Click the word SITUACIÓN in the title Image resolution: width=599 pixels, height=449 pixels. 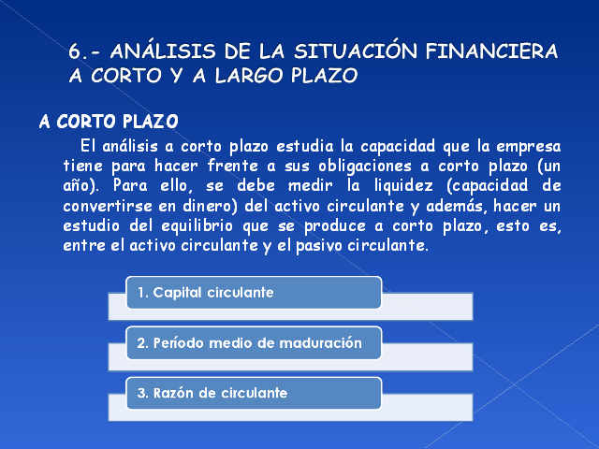pos(356,50)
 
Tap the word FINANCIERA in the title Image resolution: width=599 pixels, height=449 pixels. pos(491,51)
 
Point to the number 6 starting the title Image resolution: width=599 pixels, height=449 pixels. pos(74,51)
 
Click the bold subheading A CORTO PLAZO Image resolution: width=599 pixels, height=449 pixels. pos(109,122)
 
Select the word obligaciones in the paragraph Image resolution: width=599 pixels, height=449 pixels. pos(365,167)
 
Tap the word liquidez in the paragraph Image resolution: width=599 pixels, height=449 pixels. pos(403,186)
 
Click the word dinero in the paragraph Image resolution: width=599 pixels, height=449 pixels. pos(208,206)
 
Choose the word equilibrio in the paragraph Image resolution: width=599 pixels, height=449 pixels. pos(197,226)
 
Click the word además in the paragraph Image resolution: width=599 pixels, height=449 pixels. pos(457,206)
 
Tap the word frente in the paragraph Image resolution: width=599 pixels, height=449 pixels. pos(233,167)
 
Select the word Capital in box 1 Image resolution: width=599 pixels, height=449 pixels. pos(177,293)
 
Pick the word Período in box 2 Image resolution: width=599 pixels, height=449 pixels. pos(178,343)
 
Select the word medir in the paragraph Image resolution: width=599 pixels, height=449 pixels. pos(310,186)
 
